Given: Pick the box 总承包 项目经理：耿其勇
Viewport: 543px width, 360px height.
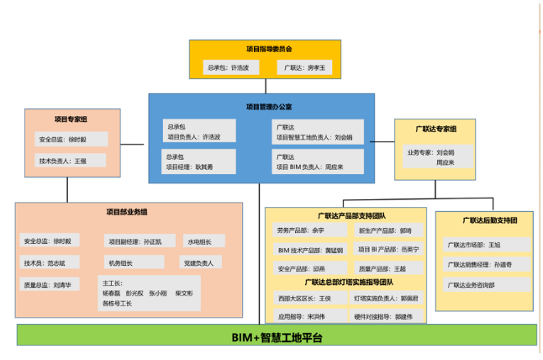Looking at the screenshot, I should (199, 161).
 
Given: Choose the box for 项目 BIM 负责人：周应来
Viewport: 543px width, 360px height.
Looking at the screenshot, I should (318, 161).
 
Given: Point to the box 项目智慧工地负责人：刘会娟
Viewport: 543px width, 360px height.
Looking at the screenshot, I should (318, 131).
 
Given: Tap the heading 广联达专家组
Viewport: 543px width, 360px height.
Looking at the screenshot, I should (435, 130).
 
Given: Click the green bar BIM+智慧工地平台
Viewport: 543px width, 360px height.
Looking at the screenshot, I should (277, 337).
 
